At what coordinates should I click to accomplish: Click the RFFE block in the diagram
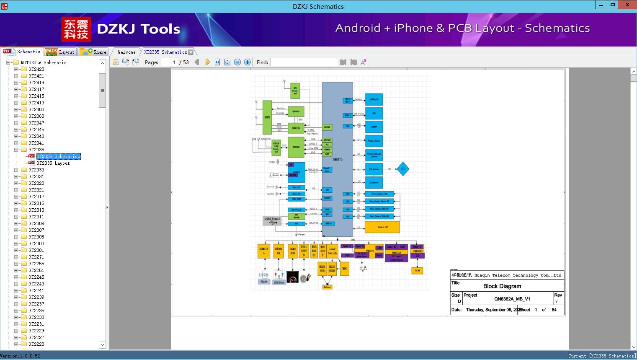[267, 117]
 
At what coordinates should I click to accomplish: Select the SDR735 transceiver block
[296, 128]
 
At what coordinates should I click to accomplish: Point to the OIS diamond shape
[402, 169]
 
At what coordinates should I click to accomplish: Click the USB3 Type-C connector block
[272, 221]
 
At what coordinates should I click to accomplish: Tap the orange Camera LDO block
[382, 227]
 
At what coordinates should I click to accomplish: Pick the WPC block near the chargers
[344, 269]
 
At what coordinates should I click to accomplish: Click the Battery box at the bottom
[328, 287]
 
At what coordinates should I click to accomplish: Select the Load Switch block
[333, 251]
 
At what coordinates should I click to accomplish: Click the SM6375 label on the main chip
[337, 160]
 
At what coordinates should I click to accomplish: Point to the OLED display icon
[293, 277]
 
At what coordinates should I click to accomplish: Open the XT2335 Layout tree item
[53, 163]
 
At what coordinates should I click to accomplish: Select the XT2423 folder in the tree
[36, 69]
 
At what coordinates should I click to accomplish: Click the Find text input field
[304, 62]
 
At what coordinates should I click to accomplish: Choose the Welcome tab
[126, 52]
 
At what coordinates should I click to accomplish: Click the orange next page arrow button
[207, 62]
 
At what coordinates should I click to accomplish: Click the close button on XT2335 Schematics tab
[191, 52]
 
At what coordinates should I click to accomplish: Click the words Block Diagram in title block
[502, 286]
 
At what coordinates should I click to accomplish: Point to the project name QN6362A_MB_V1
[512, 299]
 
